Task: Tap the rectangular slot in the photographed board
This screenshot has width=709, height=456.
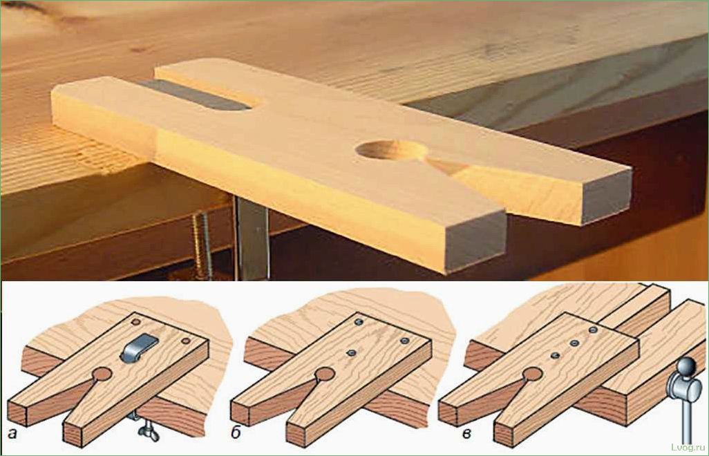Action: [198, 95]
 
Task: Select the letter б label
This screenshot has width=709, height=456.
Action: [235, 434]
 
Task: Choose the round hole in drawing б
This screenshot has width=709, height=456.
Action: [324, 374]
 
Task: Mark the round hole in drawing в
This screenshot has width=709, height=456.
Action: [533, 374]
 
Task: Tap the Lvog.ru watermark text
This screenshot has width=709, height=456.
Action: [688, 447]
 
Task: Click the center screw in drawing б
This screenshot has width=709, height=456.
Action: [350, 352]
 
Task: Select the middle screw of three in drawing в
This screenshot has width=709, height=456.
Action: [574, 343]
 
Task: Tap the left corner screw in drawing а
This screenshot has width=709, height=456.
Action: [135, 322]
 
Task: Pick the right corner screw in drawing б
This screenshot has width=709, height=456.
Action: [405, 341]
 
